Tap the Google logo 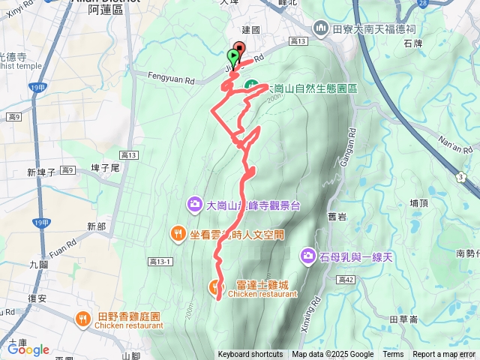[x=28, y=349]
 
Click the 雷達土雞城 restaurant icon [x=216, y=285]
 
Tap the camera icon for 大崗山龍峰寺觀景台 [x=194, y=203]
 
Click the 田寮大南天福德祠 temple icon [x=321, y=28]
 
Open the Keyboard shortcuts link [x=250, y=355]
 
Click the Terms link [x=393, y=355]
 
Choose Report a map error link [x=444, y=355]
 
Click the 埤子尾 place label [x=105, y=168]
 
